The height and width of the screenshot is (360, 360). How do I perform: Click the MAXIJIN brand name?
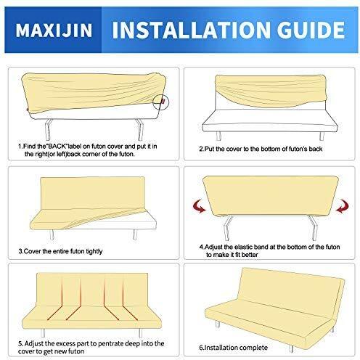(x=54, y=30)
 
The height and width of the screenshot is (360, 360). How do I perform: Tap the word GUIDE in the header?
(x=311, y=30)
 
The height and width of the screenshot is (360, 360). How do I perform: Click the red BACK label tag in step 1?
(x=164, y=100)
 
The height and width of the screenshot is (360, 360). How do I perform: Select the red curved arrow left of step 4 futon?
(x=200, y=206)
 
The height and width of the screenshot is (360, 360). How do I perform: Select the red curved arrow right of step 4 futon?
(x=343, y=206)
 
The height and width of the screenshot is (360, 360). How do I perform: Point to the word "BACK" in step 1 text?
(x=57, y=146)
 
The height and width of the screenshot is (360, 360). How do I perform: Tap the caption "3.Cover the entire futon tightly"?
(x=60, y=251)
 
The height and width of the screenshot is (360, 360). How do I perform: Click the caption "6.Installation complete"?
(x=234, y=348)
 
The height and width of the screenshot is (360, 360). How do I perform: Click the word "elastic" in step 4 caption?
(x=244, y=247)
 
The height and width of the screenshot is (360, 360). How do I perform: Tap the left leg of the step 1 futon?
(x=49, y=129)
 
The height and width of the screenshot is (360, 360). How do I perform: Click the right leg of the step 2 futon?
(x=322, y=136)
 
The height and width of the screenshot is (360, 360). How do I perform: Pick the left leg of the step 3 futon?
(x=52, y=234)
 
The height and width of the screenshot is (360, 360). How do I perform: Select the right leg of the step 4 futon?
(x=314, y=228)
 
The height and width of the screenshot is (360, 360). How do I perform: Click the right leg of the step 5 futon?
(x=140, y=332)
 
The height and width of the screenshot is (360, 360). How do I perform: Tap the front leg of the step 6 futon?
(x=292, y=348)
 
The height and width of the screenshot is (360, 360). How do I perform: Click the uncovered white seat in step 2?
(x=270, y=120)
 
